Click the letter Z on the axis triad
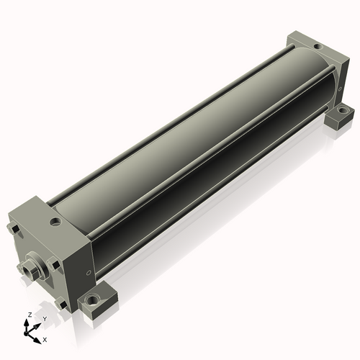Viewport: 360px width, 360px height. tap(30, 315)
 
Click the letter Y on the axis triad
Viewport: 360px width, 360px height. tap(45, 319)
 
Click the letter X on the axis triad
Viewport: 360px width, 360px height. tap(45, 340)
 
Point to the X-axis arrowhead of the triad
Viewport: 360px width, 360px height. tap(37, 341)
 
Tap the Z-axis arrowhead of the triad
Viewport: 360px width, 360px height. tap(26, 323)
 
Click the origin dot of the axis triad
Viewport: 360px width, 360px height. tap(25, 333)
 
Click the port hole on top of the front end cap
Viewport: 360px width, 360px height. tap(55, 222)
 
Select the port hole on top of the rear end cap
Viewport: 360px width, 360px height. tap(318, 46)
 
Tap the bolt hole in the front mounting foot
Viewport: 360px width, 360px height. tap(92, 300)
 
